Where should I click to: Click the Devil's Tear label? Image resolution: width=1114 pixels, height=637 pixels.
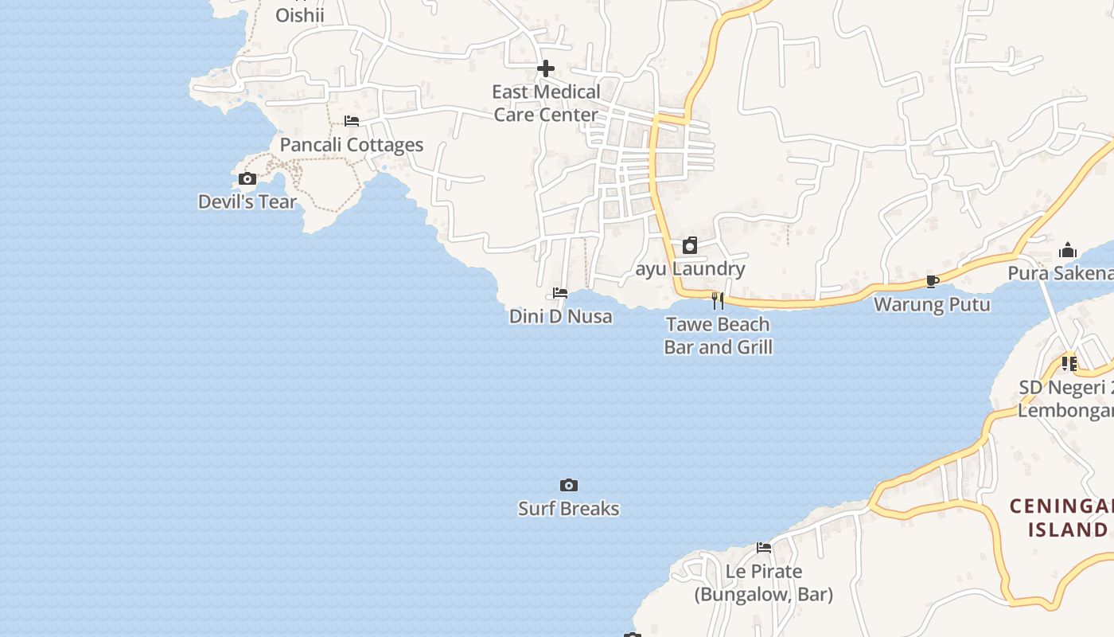point(247,201)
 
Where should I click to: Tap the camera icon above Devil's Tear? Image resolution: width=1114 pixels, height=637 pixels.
point(247,179)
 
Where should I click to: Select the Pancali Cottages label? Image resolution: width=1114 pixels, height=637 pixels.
point(352,145)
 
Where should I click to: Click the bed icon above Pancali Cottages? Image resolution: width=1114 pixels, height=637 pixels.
point(352,121)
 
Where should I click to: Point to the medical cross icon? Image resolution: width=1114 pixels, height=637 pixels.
point(546,68)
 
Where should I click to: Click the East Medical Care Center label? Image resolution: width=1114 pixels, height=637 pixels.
point(546,104)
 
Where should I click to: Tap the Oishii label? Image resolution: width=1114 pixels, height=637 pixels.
point(300,15)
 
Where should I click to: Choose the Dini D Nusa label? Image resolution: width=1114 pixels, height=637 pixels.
point(561,316)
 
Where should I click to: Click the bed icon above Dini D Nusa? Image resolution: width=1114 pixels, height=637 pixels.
point(560,293)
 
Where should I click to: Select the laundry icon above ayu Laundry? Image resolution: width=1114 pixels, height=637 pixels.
point(690,245)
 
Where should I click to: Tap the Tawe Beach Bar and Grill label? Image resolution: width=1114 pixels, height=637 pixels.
point(719,335)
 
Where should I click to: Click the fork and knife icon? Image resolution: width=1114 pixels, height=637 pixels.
point(718,300)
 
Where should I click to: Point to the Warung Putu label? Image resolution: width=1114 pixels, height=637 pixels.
point(932,304)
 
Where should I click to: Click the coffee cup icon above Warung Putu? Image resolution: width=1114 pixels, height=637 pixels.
point(933,281)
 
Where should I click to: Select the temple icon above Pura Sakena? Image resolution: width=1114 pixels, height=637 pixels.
point(1068,251)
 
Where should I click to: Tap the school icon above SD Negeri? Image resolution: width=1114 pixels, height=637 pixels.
point(1069,364)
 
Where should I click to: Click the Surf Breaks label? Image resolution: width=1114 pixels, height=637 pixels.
point(569,509)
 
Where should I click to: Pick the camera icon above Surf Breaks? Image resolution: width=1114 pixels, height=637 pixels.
point(569,485)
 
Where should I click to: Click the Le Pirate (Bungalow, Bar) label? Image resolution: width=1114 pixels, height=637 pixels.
point(764,583)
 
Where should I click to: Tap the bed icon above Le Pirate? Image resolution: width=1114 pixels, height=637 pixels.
point(764,548)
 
